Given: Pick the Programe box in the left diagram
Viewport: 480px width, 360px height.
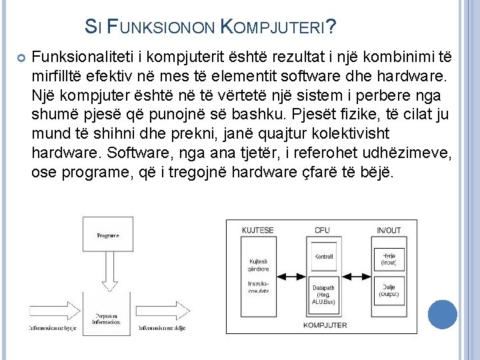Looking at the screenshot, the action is point(107,235).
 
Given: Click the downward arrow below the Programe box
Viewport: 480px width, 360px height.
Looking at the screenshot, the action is point(107,273).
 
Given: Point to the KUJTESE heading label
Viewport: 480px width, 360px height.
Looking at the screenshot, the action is point(258,231).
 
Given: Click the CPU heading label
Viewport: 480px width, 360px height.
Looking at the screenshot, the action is point(322,231).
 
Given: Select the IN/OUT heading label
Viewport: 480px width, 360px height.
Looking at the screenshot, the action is point(389,231).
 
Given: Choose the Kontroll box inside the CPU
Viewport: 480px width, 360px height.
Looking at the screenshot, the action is point(323,257).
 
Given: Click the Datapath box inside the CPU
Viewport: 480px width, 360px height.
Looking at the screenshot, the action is point(323,294).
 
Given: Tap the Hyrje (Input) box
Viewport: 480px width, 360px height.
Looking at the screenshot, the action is point(389,259).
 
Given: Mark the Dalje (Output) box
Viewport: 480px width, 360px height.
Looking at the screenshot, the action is point(389,291).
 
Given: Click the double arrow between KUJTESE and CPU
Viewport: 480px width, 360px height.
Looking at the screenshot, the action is point(291,275).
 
